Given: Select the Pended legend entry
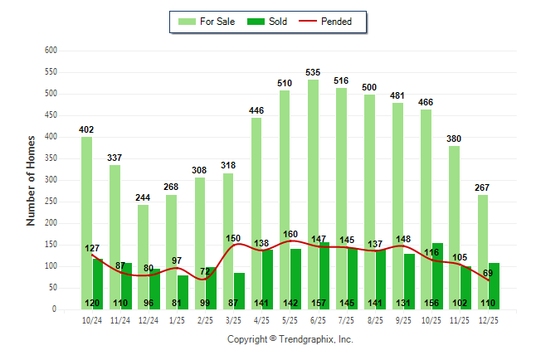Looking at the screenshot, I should click(x=333, y=22).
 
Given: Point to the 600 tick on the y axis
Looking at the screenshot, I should click(x=51, y=51).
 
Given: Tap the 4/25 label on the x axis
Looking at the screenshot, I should click(x=261, y=319).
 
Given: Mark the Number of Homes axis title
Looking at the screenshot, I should click(x=31, y=180).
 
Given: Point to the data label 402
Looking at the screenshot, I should click(x=86, y=130).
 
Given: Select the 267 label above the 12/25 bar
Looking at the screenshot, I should click(x=482, y=187).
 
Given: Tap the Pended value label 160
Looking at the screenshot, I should click(x=290, y=234).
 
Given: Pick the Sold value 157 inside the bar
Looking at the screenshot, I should click(x=319, y=303).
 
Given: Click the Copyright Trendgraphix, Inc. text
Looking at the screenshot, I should click(x=290, y=339).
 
